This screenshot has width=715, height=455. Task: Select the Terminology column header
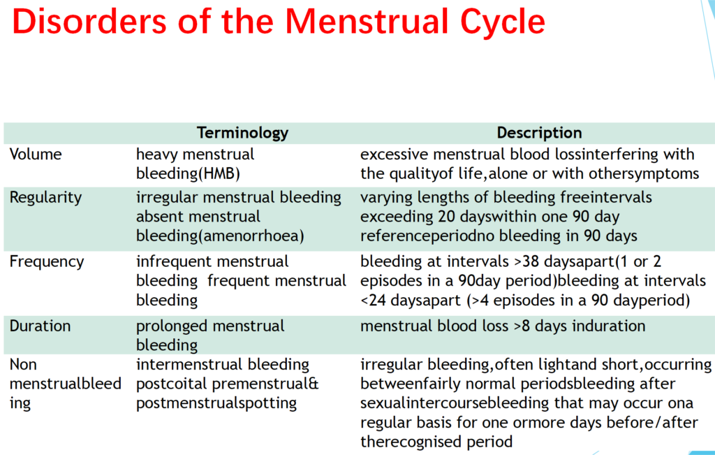tap(242, 133)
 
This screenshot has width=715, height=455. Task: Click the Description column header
tap(539, 133)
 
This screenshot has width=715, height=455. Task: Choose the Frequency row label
tap(46, 261)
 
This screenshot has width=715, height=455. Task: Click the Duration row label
tap(40, 326)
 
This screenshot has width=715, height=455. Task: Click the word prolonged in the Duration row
tap(172, 326)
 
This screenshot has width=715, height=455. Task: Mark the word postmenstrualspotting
tap(216, 403)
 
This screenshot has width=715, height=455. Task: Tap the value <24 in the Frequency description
tap(374, 301)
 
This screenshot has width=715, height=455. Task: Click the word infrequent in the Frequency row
tap(172, 261)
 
